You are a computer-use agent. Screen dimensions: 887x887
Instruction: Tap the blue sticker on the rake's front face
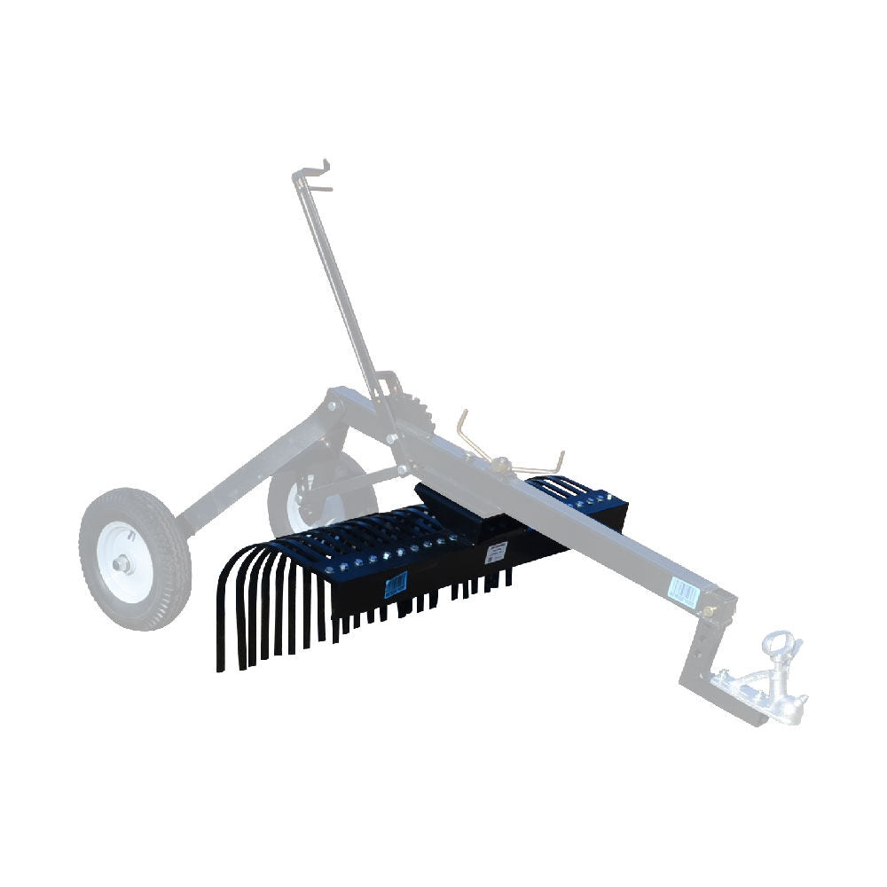tap(395, 583)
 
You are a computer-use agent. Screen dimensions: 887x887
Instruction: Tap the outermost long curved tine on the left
tap(222, 621)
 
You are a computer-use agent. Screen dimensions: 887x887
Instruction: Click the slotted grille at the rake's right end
tap(559, 485)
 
